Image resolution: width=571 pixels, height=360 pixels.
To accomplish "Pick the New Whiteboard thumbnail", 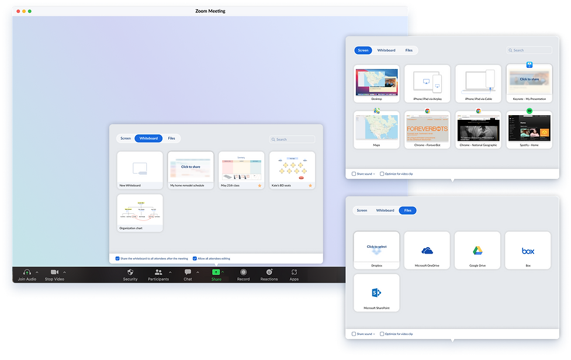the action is (x=140, y=168).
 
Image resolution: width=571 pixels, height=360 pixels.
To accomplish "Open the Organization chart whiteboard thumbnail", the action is (x=140, y=212).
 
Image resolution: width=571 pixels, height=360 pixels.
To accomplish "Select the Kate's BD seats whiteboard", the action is (x=292, y=168).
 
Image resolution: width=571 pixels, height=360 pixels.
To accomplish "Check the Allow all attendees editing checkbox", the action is (x=195, y=258).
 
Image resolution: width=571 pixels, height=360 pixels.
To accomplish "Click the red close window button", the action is (x=18, y=11).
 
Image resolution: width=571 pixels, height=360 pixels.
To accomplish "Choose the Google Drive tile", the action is (x=477, y=251).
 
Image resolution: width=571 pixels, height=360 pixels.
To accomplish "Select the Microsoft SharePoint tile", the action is (x=376, y=292).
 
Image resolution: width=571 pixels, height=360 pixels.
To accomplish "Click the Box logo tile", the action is (x=528, y=251).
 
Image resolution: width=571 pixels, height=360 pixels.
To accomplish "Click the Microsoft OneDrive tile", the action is (x=427, y=251).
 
